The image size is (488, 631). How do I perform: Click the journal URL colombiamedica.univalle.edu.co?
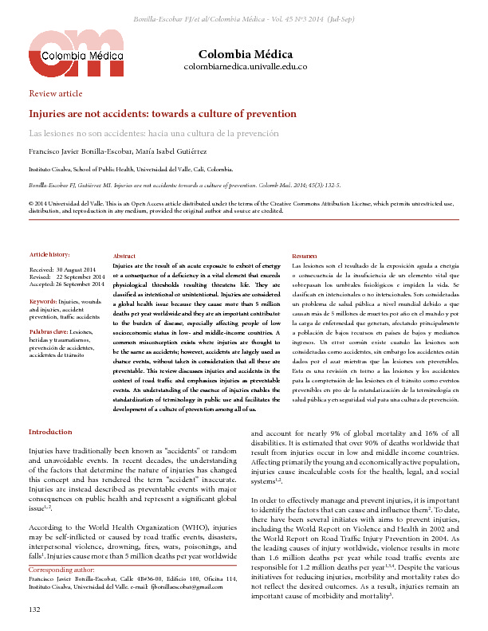[246, 67]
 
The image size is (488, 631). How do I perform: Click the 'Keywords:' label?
[45, 301]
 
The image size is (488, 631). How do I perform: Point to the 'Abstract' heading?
[124, 254]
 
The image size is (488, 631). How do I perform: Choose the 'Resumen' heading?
[305, 254]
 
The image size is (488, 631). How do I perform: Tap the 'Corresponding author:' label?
[63, 570]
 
